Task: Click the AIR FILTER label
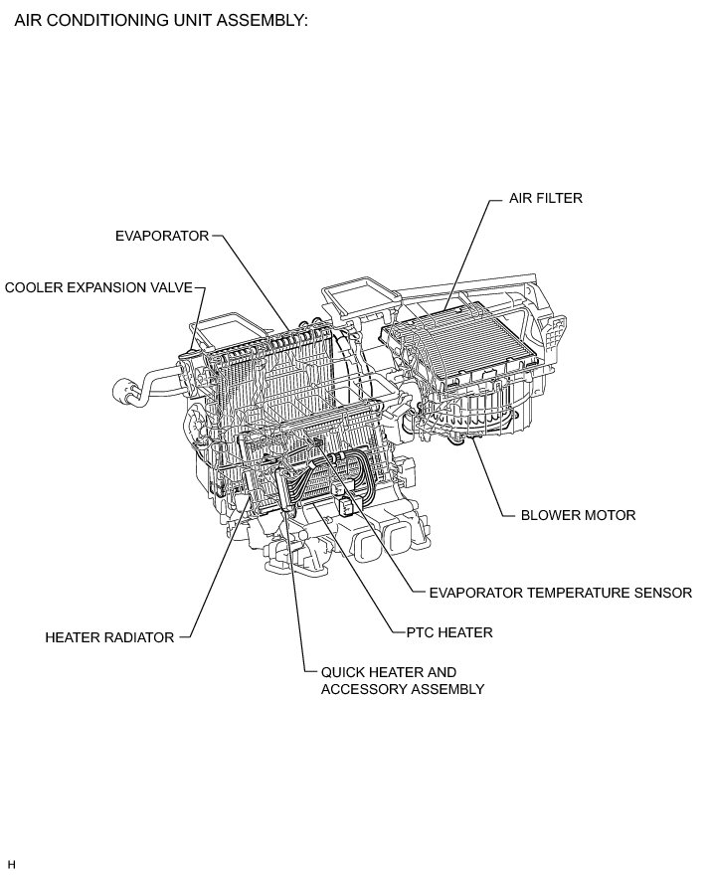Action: click(545, 199)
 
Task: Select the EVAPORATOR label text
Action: click(162, 236)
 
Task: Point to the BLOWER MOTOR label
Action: click(578, 516)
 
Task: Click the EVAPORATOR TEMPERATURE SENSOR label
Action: click(560, 593)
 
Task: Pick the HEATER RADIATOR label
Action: click(109, 637)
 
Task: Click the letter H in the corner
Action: click(11, 863)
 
